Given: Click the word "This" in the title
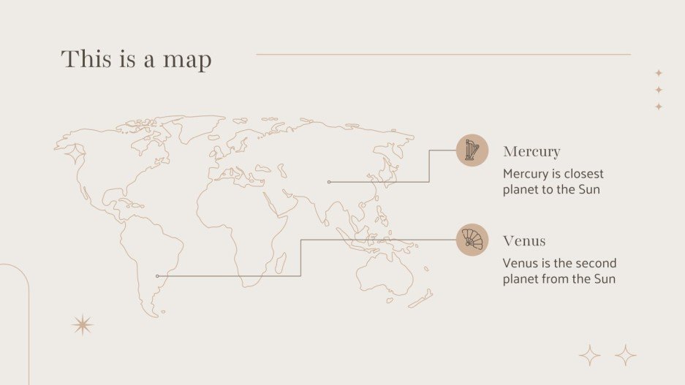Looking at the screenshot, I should click(x=86, y=58).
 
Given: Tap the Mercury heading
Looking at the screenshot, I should click(x=531, y=152).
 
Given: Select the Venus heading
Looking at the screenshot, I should click(x=524, y=241).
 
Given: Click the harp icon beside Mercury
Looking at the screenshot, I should click(x=472, y=150).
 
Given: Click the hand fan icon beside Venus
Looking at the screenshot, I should click(x=472, y=240).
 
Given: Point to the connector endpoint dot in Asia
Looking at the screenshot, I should click(x=329, y=182).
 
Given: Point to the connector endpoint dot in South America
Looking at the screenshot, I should click(x=157, y=276).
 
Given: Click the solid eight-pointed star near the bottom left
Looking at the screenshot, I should click(x=83, y=325).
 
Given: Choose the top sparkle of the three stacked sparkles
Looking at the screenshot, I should click(x=659, y=73).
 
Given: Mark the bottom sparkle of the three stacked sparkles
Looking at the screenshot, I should click(x=659, y=107).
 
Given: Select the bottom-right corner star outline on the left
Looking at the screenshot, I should click(x=589, y=356).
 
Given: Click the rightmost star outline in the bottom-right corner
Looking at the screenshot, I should click(x=626, y=356).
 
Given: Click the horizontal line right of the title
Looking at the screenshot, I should click(x=443, y=54).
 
